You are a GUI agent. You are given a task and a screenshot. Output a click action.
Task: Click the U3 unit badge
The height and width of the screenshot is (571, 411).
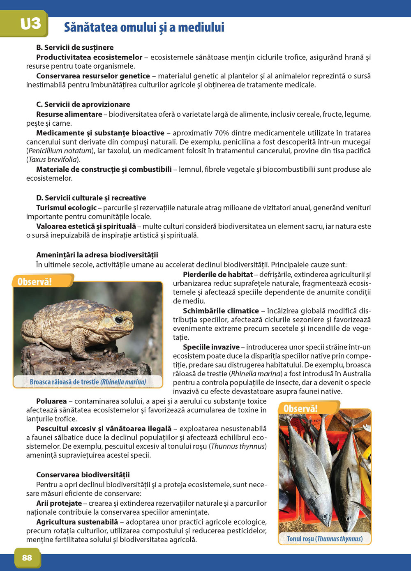click(30, 24)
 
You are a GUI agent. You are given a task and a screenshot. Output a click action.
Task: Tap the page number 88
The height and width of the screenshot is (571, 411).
click(27, 557)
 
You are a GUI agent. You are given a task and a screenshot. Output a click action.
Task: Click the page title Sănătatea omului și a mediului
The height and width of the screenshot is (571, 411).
click(144, 28)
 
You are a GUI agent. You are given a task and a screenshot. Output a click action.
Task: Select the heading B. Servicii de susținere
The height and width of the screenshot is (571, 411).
click(75, 47)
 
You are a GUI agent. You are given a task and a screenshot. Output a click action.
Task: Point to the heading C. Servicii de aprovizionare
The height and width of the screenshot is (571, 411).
click(83, 104)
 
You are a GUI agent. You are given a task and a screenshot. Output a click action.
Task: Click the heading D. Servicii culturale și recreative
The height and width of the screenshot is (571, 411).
click(91, 198)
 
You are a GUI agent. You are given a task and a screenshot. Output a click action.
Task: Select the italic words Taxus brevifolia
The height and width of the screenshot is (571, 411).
click(52, 159)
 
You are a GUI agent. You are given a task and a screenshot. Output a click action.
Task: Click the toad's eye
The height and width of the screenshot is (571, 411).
click(119, 319)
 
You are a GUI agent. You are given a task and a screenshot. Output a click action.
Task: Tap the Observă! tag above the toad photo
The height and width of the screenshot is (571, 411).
click(35, 281)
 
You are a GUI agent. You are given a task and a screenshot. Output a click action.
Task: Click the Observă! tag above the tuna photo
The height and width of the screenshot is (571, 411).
click(300, 408)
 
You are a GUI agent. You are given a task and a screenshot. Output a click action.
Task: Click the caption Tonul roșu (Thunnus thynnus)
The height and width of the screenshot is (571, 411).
click(325, 539)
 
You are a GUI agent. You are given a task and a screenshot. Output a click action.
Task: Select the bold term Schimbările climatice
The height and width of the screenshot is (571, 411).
click(221, 311)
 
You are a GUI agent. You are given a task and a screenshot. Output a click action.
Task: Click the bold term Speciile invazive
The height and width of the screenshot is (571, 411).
click(211, 347)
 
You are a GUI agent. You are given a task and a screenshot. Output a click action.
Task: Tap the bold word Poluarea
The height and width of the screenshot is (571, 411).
click(51, 401)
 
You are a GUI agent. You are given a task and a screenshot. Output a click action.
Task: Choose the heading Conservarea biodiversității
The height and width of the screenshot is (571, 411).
click(83, 474)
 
